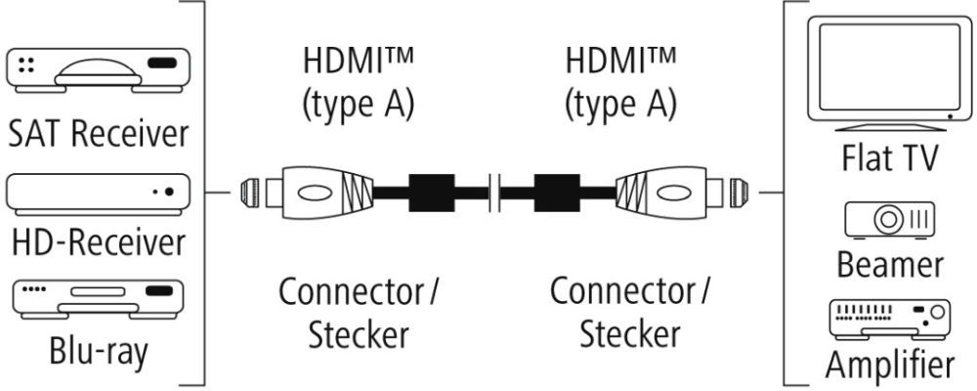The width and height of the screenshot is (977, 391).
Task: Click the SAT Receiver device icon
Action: tap(95, 71)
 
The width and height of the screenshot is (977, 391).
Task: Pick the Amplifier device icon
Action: tap(889, 318)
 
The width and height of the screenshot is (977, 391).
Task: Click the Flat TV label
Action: tap(889, 156)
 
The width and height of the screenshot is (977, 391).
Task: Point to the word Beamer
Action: tap(889, 263)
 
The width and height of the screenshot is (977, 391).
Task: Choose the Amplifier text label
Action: tap(889, 366)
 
